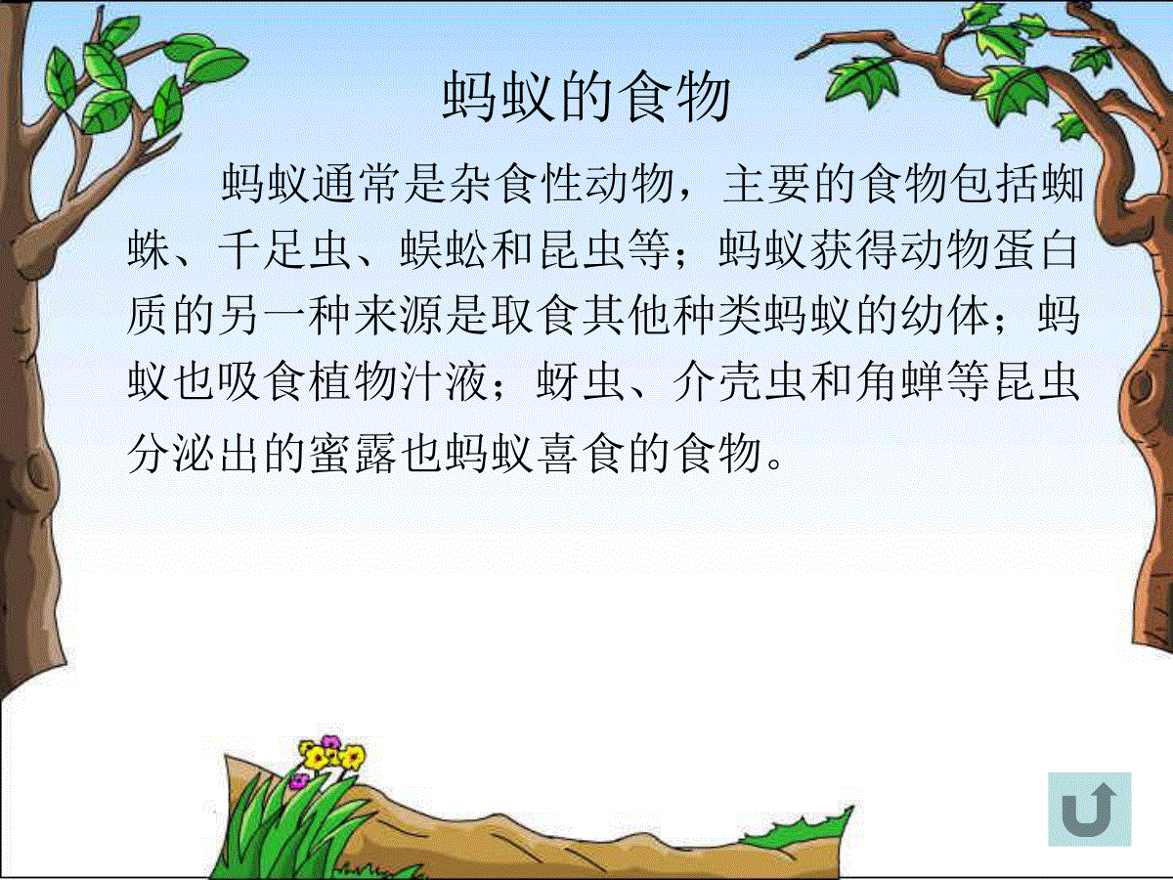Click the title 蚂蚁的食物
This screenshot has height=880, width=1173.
coord(586,97)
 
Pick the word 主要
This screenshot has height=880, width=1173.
coord(767,183)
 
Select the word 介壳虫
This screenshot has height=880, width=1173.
coord(740,382)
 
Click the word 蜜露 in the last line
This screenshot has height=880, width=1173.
coord(353,454)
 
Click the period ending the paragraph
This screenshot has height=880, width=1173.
coord(774,462)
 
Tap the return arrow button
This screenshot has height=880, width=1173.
coord(1090,809)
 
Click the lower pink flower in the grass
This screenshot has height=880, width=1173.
coord(299,780)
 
